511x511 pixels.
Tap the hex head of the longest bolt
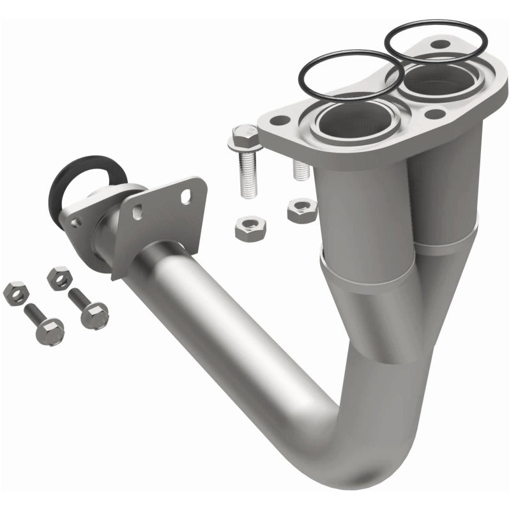point(243,137)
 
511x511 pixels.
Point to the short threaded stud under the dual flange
point(299,167)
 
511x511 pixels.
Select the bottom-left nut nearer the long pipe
point(59,277)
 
